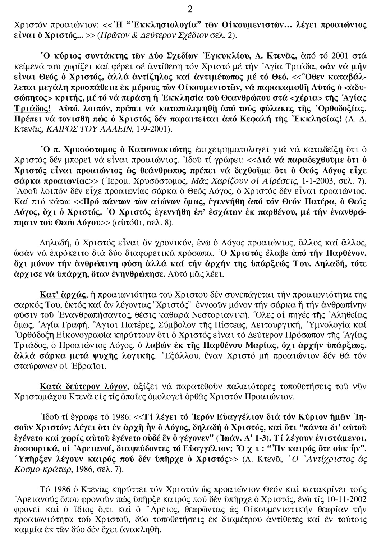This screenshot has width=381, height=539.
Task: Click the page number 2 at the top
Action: click(x=190, y=10)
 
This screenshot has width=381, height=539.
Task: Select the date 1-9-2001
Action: click(x=154, y=129)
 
